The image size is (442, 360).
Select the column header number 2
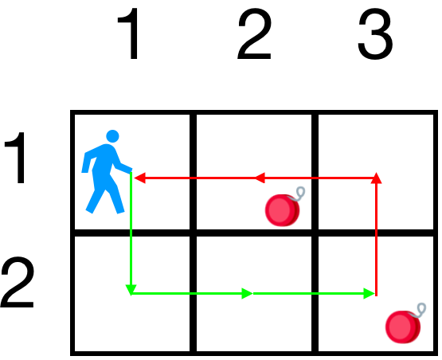point(255,33)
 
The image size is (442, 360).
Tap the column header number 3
point(375,34)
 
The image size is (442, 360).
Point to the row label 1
point(17,158)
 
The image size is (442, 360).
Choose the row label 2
point(18,282)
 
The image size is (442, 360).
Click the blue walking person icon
point(107,172)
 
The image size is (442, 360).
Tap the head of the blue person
point(112,136)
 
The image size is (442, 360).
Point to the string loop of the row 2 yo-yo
point(420,310)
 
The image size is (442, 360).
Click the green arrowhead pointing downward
point(131,290)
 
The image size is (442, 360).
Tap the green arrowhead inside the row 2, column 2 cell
point(247,293)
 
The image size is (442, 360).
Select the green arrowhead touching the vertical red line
point(369,293)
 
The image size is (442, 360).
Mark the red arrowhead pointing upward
point(376,178)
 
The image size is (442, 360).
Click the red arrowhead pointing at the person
point(140,178)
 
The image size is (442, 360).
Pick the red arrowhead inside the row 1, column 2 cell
point(260,178)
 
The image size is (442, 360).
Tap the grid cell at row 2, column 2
point(254,294)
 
